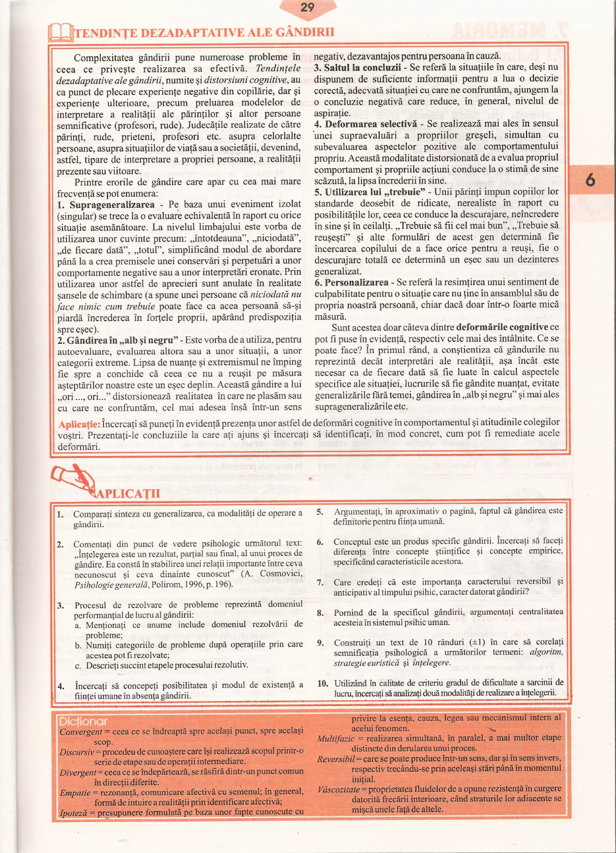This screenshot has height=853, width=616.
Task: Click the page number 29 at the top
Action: point(307,7)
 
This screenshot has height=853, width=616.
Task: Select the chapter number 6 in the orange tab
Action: point(590,180)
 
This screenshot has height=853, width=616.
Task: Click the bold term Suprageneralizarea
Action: point(112,205)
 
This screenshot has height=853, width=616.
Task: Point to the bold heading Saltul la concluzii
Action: point(362,68)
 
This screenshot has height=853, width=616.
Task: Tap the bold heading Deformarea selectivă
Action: point(371,124)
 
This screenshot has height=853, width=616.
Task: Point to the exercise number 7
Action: point(320,582)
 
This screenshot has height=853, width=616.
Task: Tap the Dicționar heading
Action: point(83,721)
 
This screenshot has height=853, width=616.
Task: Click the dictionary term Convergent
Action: point(81,732)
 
